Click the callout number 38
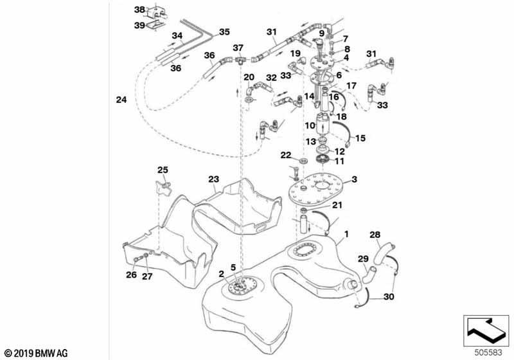[139, 10]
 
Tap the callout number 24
[121, 100]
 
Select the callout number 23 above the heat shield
[214, 179]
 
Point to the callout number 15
[360, 138]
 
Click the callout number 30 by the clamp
[389, 297]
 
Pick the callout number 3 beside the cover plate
[355, 179]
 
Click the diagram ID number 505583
[488, 353]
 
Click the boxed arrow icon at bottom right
[486, 331]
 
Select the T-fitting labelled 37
[238, 60]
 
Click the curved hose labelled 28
[382, 251]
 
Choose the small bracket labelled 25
[163, 188]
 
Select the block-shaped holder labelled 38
[157, 12]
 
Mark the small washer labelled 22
[303, 161]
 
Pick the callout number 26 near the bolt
[132, 274]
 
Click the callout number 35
[224, 32]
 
